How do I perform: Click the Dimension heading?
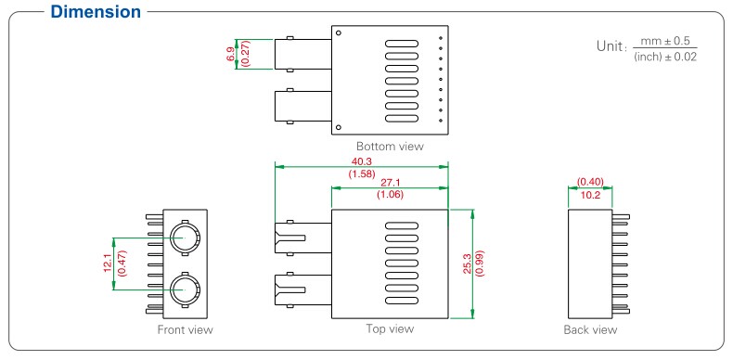point(82,12)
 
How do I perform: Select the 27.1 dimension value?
point(390,183)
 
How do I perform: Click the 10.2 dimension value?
point(590,195)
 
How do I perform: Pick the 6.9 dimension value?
point(231,54)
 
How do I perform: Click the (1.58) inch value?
point(362,173)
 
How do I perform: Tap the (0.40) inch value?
point(590,182)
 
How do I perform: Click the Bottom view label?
point(390,147)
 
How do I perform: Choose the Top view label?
point(390,328)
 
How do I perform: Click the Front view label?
point(186,329)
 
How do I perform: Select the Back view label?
point(590,329)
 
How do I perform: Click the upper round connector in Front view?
point(182,236)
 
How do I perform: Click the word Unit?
point(611,46)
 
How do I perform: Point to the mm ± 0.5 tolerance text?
point(666,41)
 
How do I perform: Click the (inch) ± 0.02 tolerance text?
point(666,58)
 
